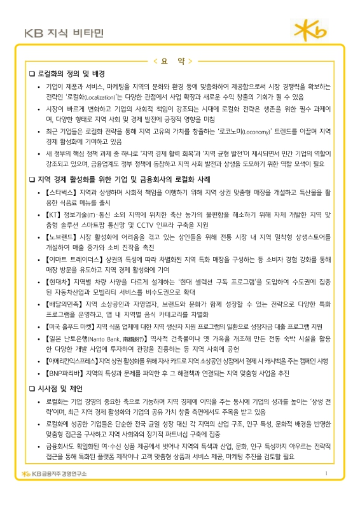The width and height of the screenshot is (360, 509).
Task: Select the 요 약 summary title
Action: [179, 61]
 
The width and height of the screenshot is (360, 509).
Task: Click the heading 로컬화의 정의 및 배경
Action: [76, 74]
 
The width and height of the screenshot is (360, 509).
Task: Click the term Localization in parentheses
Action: [102, 97]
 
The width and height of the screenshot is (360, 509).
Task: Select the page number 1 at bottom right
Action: [325, 492]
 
